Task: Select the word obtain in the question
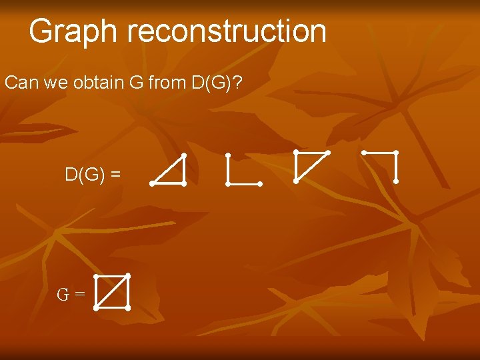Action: point(96,83)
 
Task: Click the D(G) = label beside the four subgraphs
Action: point(93,175)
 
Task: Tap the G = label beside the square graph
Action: point(71,293)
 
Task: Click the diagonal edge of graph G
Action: point(111,292)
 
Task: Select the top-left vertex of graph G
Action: point(96,276)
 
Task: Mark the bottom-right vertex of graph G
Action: point(127,308)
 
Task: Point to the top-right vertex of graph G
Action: point(127,275)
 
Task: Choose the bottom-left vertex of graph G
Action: point(96,308)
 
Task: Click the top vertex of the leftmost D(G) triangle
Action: point(183,155)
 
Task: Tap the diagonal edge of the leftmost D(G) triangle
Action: point(167,169)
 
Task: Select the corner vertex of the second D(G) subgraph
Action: point(228,183)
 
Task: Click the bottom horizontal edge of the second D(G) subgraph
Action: point(244,183)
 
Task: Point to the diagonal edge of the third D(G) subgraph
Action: point(311,167)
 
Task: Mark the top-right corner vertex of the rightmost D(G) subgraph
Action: point(396,153)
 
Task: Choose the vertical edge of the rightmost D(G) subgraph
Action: point(396,167)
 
